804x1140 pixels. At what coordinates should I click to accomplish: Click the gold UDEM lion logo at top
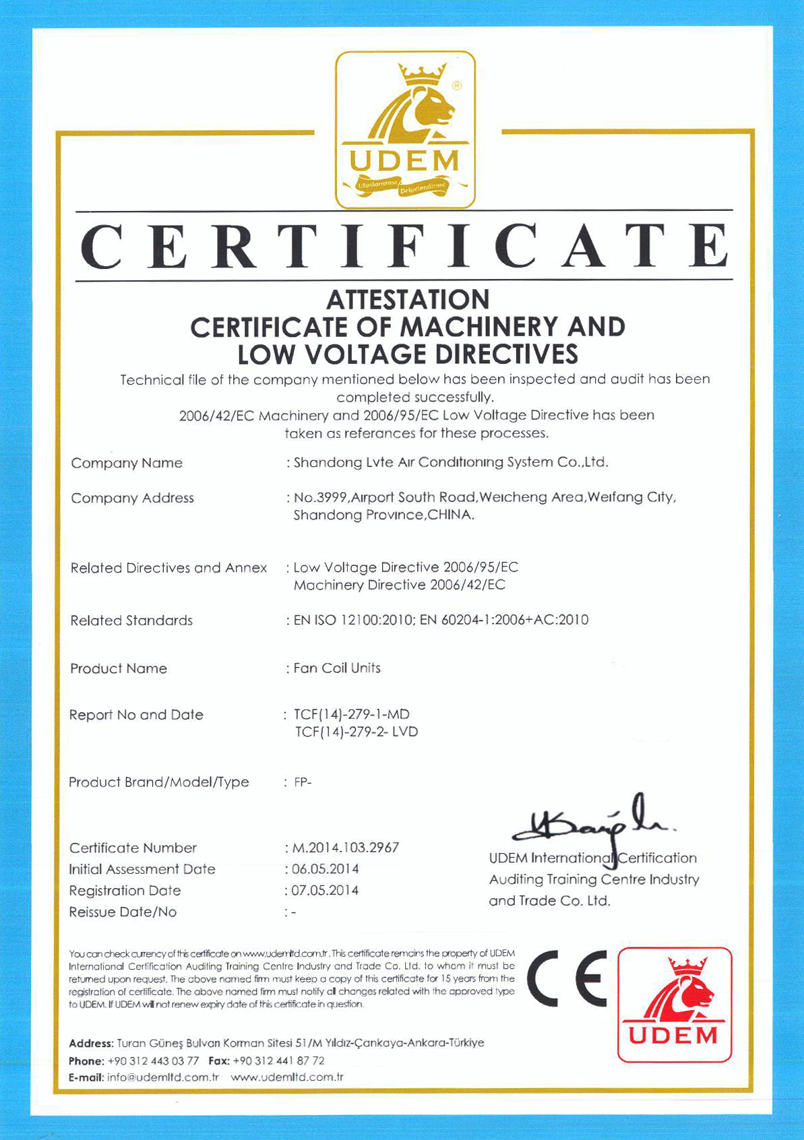(x=405, y=129)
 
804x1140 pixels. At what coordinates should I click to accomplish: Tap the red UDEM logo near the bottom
(x=674, y=1004)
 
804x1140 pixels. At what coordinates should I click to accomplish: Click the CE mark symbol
(x=567, y=978)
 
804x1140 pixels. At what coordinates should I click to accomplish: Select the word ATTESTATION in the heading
(x=408, y=300)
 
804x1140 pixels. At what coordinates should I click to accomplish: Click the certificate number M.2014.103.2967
(x=346, y=848)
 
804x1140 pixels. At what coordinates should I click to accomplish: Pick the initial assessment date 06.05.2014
(x=326, y=869)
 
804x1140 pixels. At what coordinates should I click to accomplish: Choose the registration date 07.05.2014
(x=326, y=891)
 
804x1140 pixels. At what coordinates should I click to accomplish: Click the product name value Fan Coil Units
(x=338, y=668)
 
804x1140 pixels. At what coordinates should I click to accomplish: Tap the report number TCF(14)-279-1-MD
(x=352, y=714)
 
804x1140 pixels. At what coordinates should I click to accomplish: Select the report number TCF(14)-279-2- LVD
(x=357, y=732)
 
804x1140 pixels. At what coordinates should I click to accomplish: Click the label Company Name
(x=127, y=463)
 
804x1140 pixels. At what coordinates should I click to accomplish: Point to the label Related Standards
(x=131, y=621)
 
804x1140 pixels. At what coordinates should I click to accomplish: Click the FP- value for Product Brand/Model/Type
(x=303, y=782)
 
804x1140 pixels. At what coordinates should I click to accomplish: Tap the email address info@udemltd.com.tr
(x=163, y=1077)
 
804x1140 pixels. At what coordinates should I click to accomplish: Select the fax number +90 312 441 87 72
(x=278, y=1060)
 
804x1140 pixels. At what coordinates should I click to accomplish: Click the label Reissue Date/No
(x=123, y=912)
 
